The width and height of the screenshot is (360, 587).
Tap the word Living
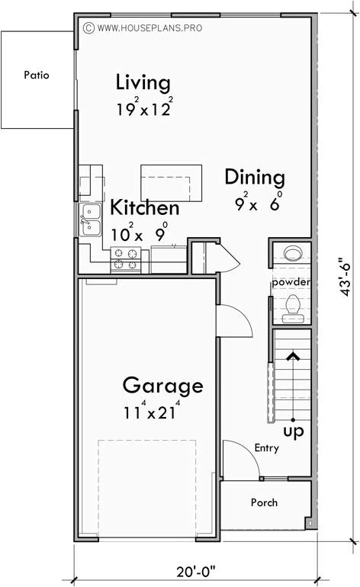[143, 82]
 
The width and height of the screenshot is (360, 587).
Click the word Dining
[255, 178]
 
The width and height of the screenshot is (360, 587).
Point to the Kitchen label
[145, 208]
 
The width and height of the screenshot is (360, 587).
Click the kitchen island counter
[172, 182]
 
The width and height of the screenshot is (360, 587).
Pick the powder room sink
[292, 253]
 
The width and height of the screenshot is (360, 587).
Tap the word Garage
[163, 386]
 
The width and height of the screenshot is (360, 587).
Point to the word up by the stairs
[293, 432]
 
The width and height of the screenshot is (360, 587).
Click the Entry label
[266, 448]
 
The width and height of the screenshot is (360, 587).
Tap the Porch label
[264, 502]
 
